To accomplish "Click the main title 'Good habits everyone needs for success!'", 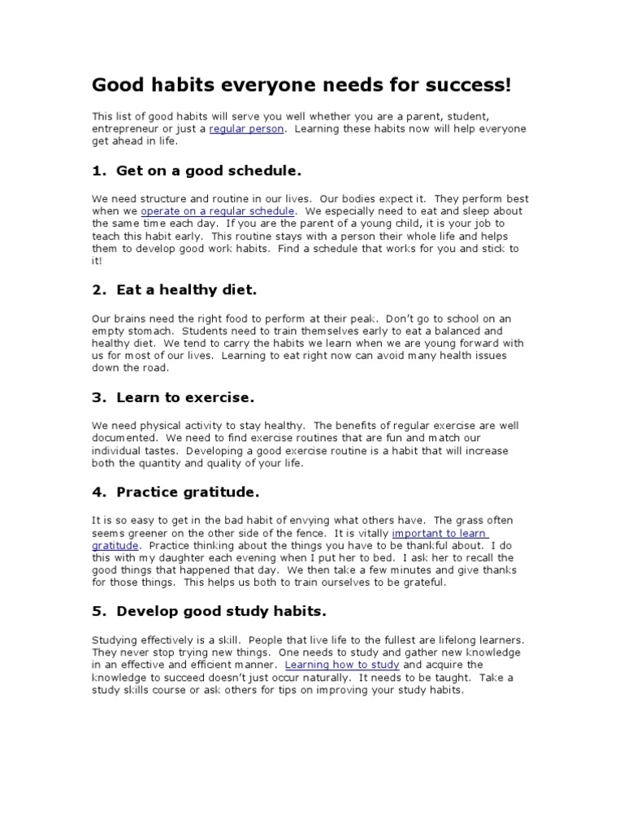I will click(x=301, y=85).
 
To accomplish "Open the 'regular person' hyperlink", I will click(x=246, y=128).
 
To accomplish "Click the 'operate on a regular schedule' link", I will click(x=217, y=210).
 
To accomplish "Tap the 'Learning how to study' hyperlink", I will click(x=342, y=665).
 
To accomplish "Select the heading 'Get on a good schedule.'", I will click(x=209, y=171).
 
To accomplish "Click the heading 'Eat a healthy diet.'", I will click(x=187, y=289).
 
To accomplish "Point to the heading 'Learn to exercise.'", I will click(x=185, y=398).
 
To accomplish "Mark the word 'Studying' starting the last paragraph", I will click(x=115, y=639).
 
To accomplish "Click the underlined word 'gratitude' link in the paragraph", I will click(x=115, y=545).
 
